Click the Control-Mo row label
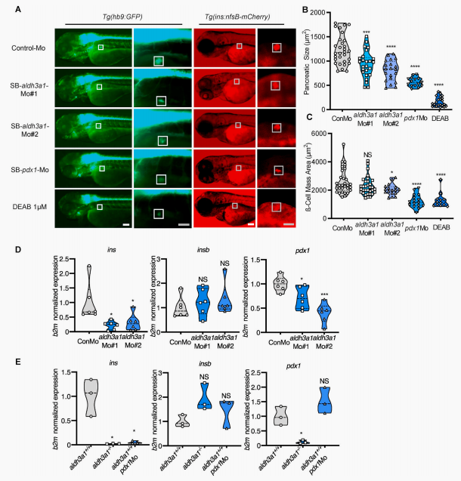tap(28, 49)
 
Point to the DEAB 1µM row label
tap(29, 204)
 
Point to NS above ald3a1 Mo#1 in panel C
tap(370, 156)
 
